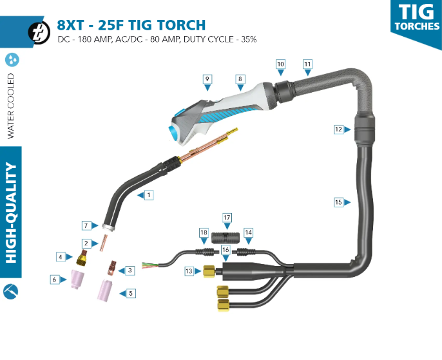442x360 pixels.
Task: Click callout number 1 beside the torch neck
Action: [149, 194]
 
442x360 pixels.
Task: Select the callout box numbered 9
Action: [207, 79]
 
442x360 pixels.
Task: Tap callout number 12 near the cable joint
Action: [338, 129]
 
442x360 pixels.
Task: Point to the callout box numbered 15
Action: [338, 202]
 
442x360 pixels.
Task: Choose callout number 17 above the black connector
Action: [227, 217]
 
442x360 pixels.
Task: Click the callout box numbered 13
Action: [189, 271]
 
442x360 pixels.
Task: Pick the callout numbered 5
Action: [131, 293]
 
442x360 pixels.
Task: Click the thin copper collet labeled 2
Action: [103, 243]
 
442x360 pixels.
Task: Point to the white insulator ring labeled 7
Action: [109, 227]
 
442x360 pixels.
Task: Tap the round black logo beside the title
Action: [40, 31]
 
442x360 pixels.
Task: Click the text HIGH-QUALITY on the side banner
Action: [10, 213]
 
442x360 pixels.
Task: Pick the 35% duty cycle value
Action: [249, 39]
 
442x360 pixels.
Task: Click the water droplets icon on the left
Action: [12, 60]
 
